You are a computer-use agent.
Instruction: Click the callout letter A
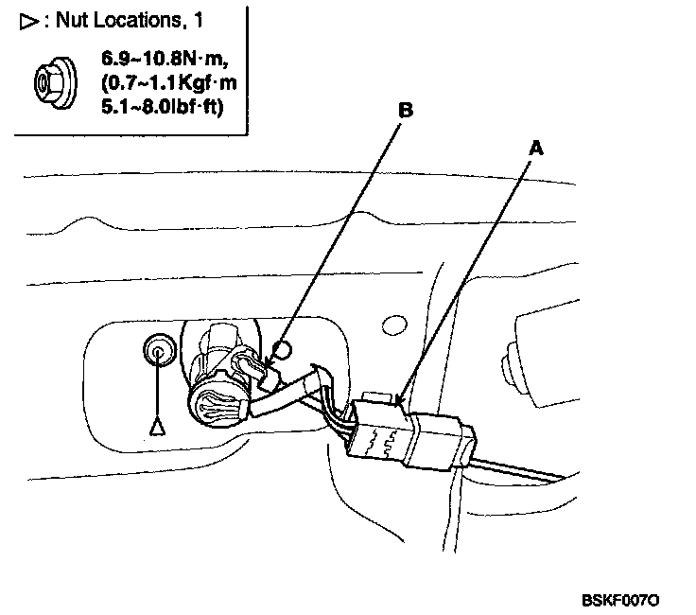(x=537, y=149)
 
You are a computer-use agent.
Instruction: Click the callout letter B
(x=405, y=111)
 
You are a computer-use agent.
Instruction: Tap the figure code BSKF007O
(x=620, y=599)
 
